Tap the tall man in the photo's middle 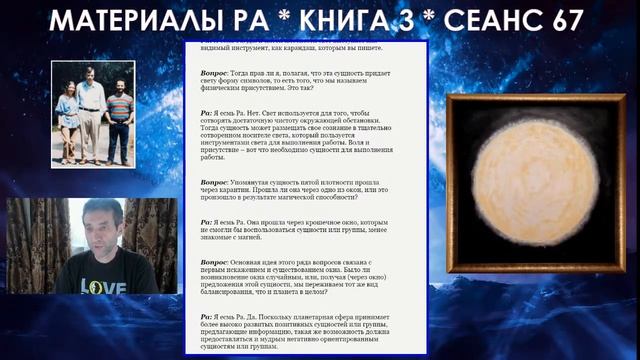pyautogui.click(x=93, y=110)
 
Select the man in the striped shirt pyautogui.click(x=120, y=115)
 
